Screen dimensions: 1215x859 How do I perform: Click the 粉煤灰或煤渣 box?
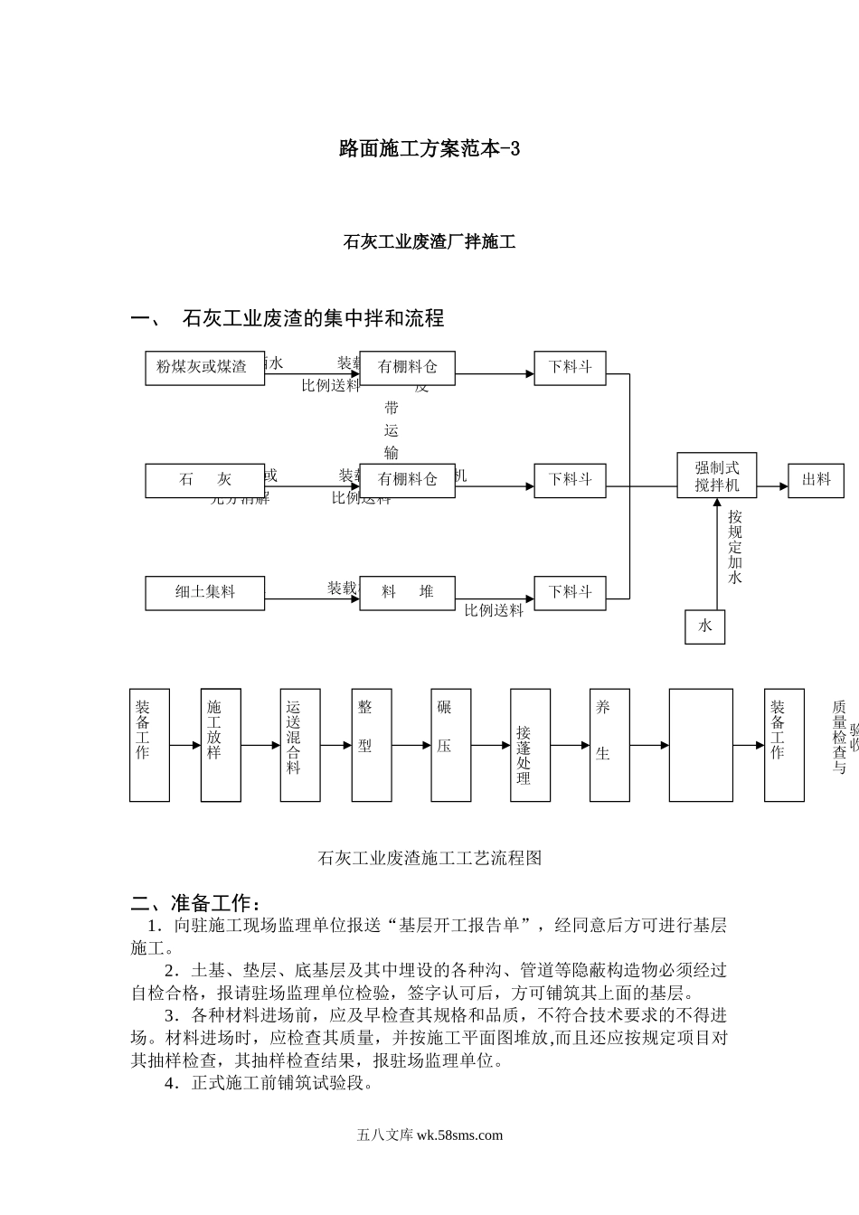click(204, 368)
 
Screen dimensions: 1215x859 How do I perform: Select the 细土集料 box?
click(204, 593)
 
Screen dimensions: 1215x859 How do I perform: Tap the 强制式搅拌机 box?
click(716, 476)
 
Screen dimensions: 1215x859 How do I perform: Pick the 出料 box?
click(816, 480)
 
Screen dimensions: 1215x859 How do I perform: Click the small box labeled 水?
click(704, 626)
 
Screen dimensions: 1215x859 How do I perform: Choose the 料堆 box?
click(407, 593)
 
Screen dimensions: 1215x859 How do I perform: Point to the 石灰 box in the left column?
click(204, 480)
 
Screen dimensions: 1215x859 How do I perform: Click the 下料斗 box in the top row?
click(570, 368)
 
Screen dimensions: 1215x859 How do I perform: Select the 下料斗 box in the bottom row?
click(570, 593)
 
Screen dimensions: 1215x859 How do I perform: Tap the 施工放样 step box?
click(221, 745)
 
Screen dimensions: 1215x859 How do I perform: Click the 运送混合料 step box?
click(300, 745)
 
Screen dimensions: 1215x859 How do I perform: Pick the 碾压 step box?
click(450, 745)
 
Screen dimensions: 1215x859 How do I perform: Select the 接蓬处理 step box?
click(530, 745)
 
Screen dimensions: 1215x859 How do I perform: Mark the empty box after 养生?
click(701, 745)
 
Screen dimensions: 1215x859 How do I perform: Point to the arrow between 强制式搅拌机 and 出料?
click(772, 486)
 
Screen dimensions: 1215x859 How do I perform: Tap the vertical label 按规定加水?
click(735, 546)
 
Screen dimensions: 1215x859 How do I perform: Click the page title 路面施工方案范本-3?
click(429, 149)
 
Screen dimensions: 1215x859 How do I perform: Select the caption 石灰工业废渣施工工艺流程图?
click(429, 858)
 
